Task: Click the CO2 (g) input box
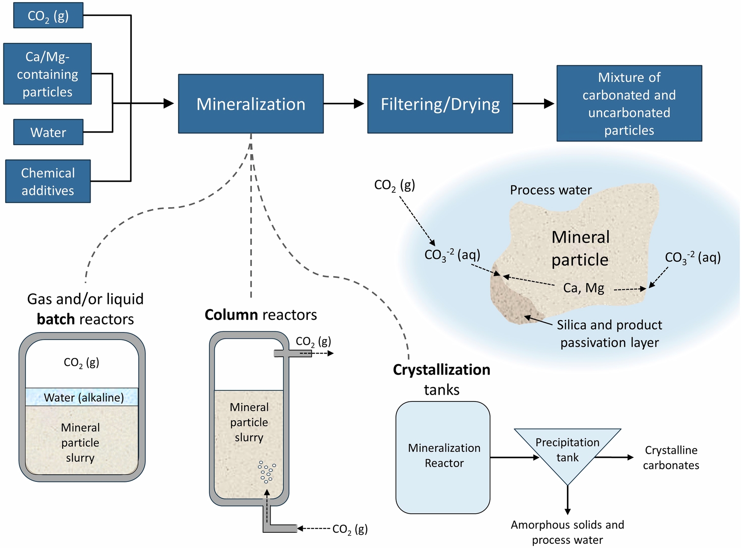(x=48, y=16)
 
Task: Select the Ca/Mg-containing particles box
(x=47, y=74)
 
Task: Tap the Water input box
(x=48, y=132)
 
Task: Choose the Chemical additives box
(x=48, y=181)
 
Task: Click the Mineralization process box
(x=251, y=104)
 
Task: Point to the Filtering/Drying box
(x=440, y=104)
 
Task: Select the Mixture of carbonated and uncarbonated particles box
(x=629, y=103)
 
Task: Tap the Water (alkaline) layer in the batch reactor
(x=82, y=397)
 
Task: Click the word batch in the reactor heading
(x=55, y=319)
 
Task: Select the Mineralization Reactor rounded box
(x=443, y=457)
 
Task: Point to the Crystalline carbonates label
(x=671, y=457)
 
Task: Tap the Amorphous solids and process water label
(x=567, y=532)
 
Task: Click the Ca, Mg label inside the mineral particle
(x=583, y=288)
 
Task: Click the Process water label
(x=550, y=190)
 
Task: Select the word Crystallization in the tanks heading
(x=441, y=370)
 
